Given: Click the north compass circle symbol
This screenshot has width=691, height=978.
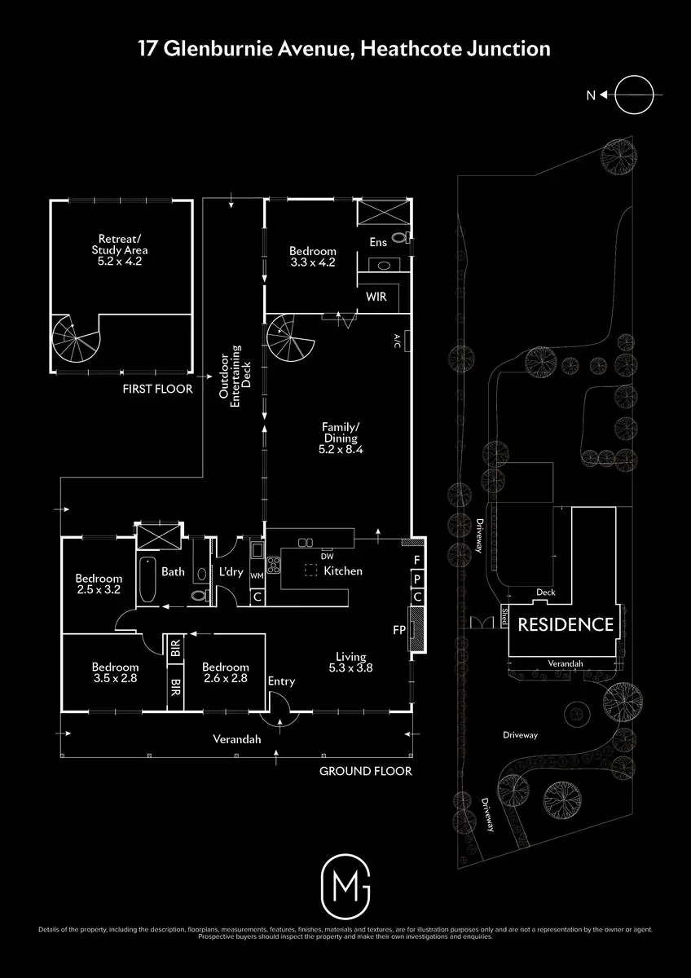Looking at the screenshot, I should pyautogui.click(x=634, y=95).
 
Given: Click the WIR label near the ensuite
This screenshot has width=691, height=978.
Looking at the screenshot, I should pyautogui.click(x=376, y=297).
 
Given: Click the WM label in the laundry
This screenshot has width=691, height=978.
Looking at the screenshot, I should pyautogui.click(x=257, y=576).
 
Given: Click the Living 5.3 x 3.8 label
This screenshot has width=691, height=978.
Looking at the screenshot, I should pyautogui.click(x=351, y=662).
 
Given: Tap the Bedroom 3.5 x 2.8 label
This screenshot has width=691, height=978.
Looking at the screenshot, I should pyautogui.click(x=115, y=671).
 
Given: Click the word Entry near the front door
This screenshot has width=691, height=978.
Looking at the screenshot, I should pyautogui.click(x=281, y=681).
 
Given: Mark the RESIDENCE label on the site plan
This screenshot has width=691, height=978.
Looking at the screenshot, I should pyautogui.click(x=566, y=625).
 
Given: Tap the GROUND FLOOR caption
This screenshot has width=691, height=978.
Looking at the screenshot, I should pyautogui.click(x=365, y=771).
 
